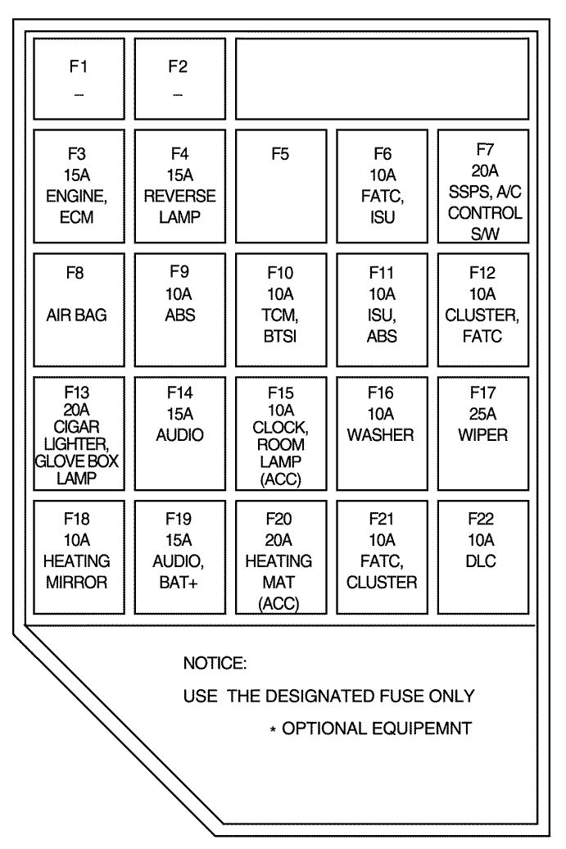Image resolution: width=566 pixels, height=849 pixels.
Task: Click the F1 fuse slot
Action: point(79,78)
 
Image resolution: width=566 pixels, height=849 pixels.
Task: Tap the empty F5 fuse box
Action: point(280,185)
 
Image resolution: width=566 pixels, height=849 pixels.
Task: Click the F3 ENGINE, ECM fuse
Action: point(79,185)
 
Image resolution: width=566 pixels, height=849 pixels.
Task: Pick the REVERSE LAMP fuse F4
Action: point(179,185)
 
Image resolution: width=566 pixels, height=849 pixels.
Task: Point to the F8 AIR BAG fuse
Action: point(79,310)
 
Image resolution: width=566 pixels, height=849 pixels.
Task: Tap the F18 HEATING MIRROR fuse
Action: point(79,556)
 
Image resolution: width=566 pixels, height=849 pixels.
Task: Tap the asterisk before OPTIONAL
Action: point(273,729)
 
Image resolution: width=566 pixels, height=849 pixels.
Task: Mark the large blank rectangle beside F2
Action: point(382,78)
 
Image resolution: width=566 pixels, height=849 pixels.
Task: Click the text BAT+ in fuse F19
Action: point(179,582)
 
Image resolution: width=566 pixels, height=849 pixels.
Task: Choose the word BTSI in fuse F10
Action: point(280,336)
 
